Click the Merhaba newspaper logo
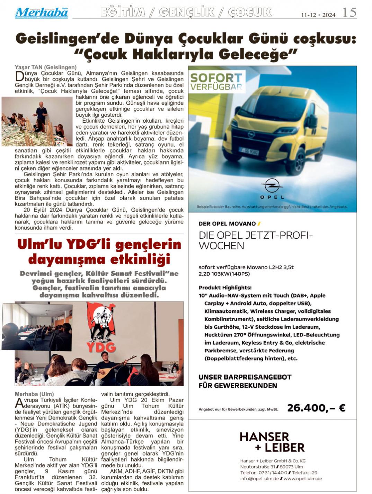41,13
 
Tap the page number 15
349,12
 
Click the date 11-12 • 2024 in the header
318,15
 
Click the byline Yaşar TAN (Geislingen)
45,67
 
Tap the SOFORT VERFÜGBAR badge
216,82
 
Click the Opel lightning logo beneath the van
272,185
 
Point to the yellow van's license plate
248,151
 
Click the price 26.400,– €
316,408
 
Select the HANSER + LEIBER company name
272,442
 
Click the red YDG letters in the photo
101,347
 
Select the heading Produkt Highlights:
225,288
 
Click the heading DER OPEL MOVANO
227,224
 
